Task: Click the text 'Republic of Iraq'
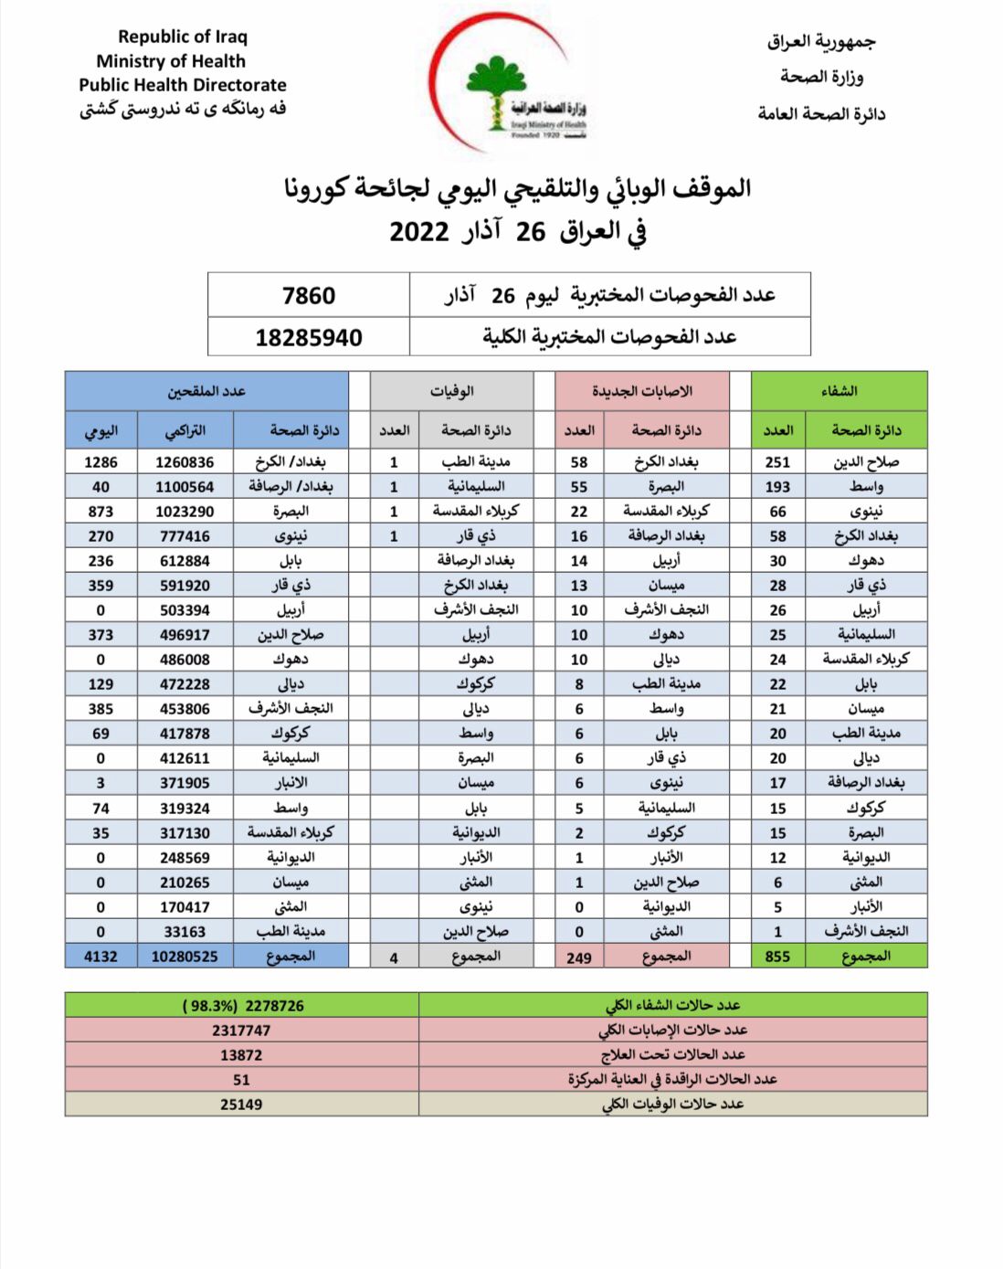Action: pos(183,37)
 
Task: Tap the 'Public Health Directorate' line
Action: pos(183,85)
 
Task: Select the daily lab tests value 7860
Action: pos(309,296)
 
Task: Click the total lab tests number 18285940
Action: pos(309,338)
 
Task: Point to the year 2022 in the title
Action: pos(419,231)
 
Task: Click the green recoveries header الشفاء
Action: pos(839,391)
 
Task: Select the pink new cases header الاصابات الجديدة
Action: pos(642,391)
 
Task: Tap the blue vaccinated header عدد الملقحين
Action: pos(206,391)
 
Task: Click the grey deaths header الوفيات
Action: pos(451,391)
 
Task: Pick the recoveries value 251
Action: pos(777,462)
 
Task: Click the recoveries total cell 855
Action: pos(777,957)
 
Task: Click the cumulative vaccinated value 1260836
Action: pos(185,462)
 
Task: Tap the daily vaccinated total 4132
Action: pos(100,957)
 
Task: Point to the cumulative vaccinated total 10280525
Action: pos(185,957)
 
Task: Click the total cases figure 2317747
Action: pos(241,1031)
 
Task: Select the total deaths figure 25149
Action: pos(241,1105)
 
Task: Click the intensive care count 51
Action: pos(241,1080)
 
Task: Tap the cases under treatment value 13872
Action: pos(241,1055)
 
